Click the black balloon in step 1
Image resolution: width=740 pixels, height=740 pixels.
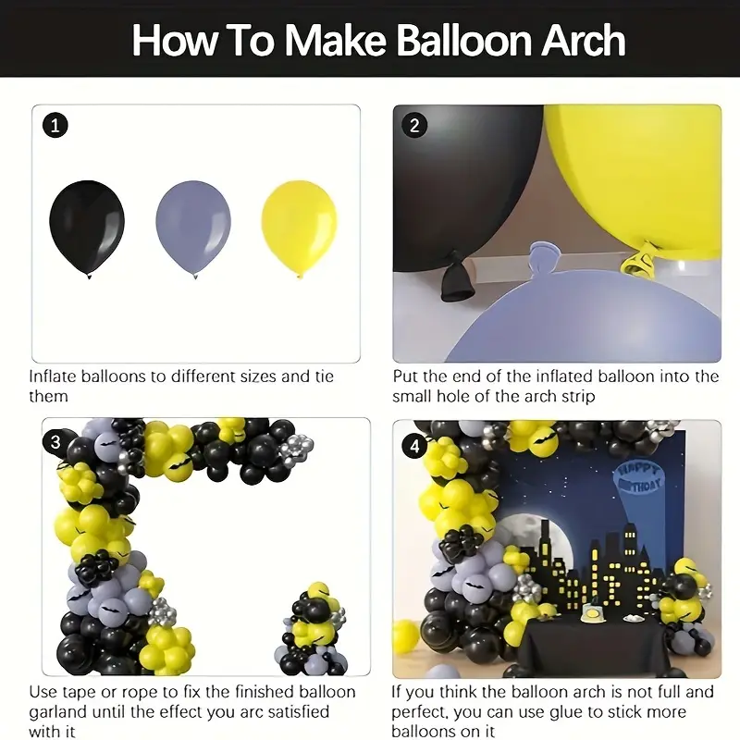pos(86,225)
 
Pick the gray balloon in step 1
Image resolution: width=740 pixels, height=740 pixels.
pos(192,225)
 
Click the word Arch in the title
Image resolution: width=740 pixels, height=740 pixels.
pos(571,40)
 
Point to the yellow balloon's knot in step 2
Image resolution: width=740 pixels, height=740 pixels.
pos(636,262)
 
